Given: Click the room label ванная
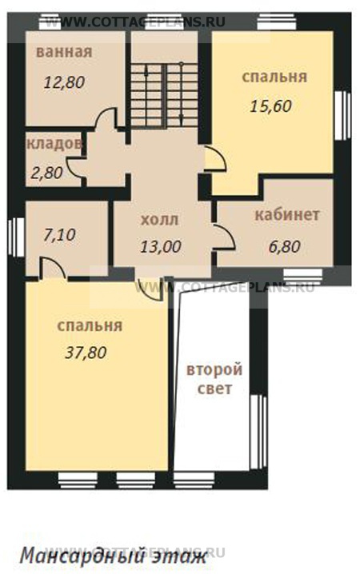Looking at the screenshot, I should (x=64, y=53).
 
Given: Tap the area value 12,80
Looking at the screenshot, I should (x=64, y=82).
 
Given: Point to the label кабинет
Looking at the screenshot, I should (x=287, y=215).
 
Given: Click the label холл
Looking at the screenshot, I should (x=159, y=218).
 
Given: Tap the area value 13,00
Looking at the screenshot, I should (x=159, y=246).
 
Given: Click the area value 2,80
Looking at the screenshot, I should (x=46, y=172).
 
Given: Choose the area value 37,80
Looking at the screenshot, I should (x=86, y=352).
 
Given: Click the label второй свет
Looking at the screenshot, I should (x=214, y=380).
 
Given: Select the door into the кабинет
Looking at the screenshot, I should (x=224, y=236).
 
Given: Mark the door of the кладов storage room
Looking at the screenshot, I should (x=74, y=168).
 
